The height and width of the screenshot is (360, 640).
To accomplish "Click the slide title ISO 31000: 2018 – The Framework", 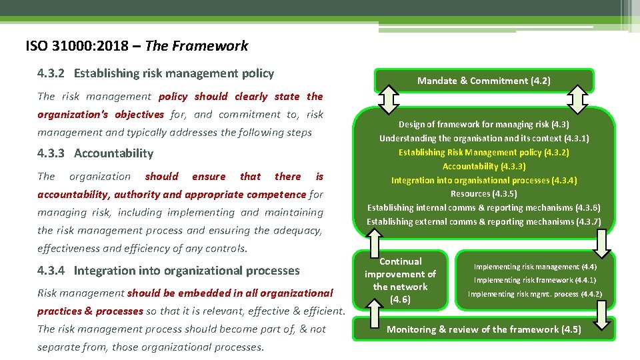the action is pyautogui.click(x=137, y=46).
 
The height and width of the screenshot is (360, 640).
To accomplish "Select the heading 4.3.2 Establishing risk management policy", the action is pyautogui.click(x=155, y=73).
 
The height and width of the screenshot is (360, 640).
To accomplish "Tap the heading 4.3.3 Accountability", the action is pyautogui.click(x=95, y=153).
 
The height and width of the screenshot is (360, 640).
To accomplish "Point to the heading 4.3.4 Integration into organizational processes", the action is pyautogui.click(x=169, y=271).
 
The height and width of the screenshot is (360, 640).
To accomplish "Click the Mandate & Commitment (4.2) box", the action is pyautogui.click(x=483, y=81).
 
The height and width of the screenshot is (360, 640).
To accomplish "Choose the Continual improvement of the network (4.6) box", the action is pyautogui.click(x=400, y=281).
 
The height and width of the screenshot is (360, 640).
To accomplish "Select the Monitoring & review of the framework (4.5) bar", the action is pyautogui.click(x=483, y=329).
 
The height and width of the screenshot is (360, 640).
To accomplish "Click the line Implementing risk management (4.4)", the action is pyautogui.click(x=535, y=267).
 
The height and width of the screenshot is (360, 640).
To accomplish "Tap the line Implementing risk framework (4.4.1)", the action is pyautogui.click(x=535, y=280).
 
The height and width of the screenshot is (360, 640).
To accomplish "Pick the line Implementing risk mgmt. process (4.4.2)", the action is pyautogui.click(x=535, y=294).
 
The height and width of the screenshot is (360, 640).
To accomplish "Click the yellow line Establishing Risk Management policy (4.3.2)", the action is pyautogui.click(x=483, y=153).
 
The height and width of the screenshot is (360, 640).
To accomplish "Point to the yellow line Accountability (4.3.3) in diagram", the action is pyautogui.click(x=483, y=167).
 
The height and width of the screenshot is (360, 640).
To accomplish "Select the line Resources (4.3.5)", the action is pyautogui.click(x=483, y=194).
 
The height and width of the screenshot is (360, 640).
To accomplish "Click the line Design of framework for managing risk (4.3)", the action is pyautogui.click(x=483, y=125).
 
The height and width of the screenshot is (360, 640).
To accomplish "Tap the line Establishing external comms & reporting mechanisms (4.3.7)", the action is pyautogui.click(x=483, y=222).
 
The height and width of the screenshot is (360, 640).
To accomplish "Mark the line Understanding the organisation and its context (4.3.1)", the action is pyautogui.click(x=483, y=139).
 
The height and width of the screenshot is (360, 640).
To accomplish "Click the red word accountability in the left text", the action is pyautogui.click(x=74, y=195).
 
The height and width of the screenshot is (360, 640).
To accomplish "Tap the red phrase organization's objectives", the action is pyautogui.click(x=100, y=115).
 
